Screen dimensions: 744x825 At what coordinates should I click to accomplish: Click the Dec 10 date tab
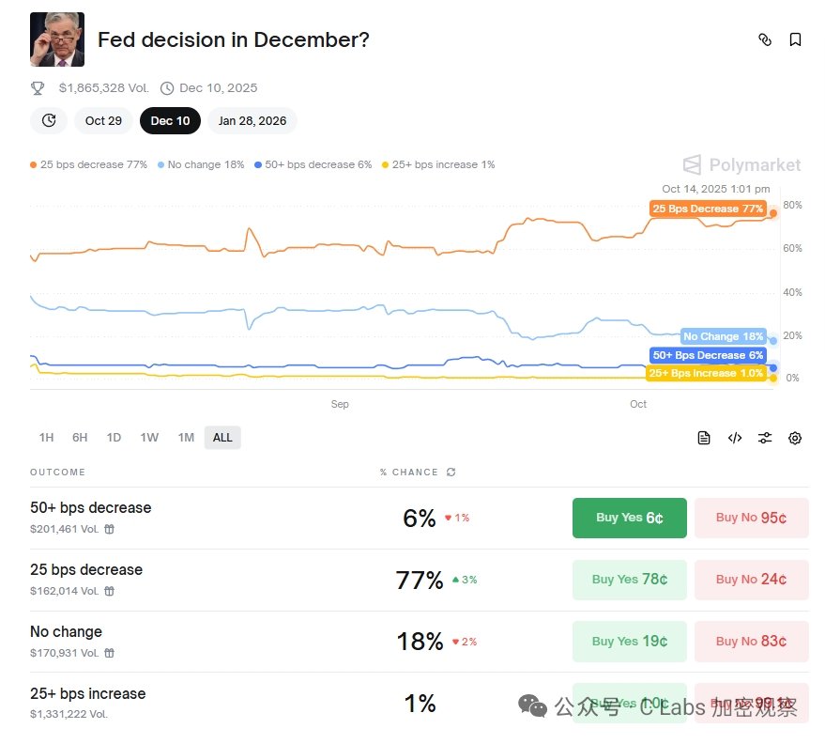(x=170, y=120)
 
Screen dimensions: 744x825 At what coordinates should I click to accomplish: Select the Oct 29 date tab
(x=103, y=120)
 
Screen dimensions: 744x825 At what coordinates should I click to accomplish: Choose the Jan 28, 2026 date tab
(x=252, y=120)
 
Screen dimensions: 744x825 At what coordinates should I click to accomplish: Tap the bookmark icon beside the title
(x=795, y=39)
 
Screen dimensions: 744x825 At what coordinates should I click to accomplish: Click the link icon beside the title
(x=765, y=39)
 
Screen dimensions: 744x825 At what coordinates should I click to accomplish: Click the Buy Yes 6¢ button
(x=629, y=518)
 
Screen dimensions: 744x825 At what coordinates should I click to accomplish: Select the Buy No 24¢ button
(x=751, y=580)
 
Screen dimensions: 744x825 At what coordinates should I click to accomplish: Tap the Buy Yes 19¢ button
(x=629, y=642)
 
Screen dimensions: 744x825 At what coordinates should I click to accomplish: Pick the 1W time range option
(x=149, y=437)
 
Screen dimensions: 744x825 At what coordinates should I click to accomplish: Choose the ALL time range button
(x=222, y=437)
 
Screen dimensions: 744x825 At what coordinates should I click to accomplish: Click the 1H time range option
(x=46, y=437)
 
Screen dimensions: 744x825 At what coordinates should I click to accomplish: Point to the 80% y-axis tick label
(x=791, y=205)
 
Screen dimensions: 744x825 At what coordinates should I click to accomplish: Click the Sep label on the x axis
(x=340, y=404)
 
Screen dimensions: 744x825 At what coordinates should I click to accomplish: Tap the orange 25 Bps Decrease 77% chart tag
(x=707, y=209)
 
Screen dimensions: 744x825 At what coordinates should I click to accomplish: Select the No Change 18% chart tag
(x=722, y=336)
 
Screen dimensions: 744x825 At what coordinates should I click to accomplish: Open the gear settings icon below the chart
(x=795, y=438)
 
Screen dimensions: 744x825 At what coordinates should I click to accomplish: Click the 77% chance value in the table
(x=420, y=581)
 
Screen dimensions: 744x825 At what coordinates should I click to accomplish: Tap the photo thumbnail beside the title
(x=57, y=39)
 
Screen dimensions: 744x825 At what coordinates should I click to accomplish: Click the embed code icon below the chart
(x=735, y=438)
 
